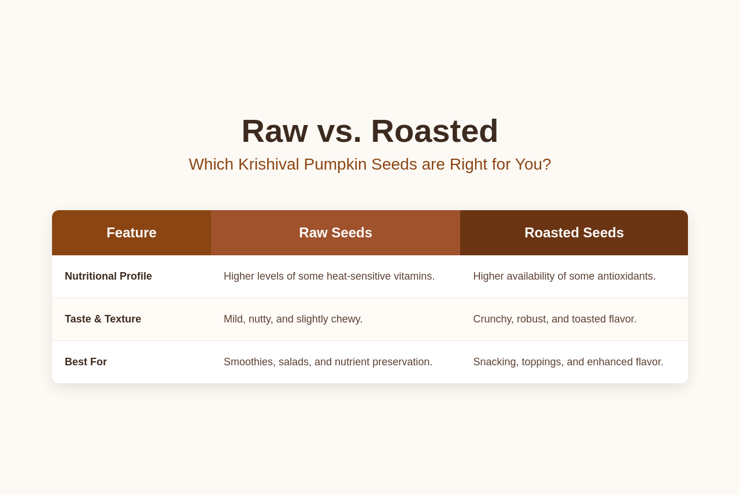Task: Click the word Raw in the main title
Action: click(x=275, y=131)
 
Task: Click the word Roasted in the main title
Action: click(x=434, y=131)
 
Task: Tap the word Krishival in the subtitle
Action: click(x=269, y=164)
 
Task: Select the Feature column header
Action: click(x=131, y=233)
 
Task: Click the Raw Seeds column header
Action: click(x=336, y=233)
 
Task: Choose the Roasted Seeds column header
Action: click(x=574, y=233)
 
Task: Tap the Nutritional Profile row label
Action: click(x=108, y=276)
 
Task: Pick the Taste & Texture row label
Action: click(x=103, y=319)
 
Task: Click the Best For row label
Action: click(x=86, y=362)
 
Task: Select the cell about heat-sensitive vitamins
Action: click(x=329, y=276)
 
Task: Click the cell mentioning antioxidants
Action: click(x=564, y=276)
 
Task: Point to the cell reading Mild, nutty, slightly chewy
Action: click(x=293, y=319)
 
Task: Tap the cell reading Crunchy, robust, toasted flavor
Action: click(x=554, y=319)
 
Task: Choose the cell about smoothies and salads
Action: click(x=328, y=362)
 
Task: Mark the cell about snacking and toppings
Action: click(x=568, y=362)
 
